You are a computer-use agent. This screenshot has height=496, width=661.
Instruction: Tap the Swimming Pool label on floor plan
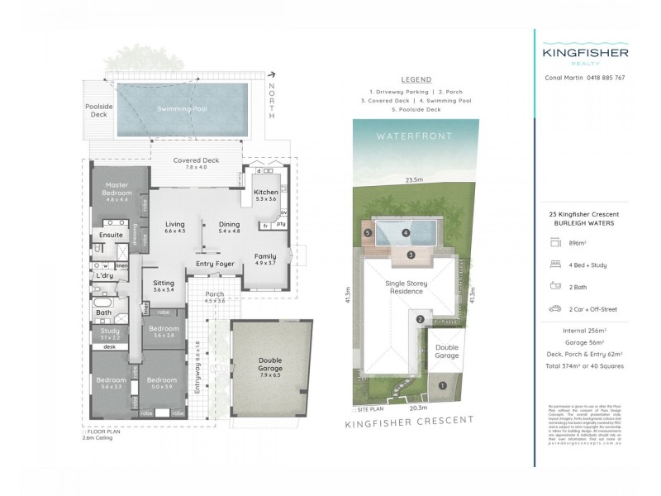tap(183, 109)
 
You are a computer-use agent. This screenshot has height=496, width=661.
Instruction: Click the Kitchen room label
tap(266, 192)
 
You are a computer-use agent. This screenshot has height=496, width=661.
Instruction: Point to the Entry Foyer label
tap(215, 264)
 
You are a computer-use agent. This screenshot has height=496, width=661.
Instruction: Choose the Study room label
tap(110, 331)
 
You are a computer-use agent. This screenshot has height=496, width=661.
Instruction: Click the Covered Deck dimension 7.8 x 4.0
tap(195, 168)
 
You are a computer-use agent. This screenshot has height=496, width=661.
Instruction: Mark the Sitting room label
tap(164, 283)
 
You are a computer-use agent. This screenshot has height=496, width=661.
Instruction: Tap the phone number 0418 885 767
tap(606, 78)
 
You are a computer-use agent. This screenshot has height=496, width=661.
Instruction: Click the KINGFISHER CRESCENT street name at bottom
tap(409, 422)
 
